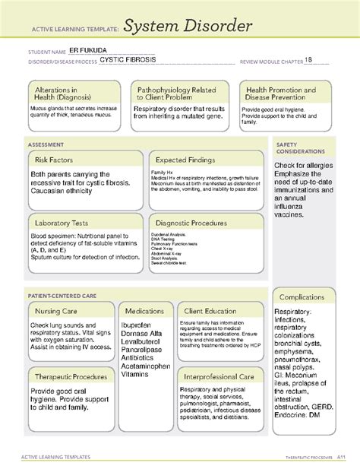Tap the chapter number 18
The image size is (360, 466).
308,62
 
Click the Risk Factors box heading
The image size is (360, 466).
56,160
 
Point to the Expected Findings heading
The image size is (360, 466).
188,160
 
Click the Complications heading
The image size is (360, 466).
302,296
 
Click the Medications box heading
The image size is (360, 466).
144,311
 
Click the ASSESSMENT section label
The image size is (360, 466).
39,141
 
